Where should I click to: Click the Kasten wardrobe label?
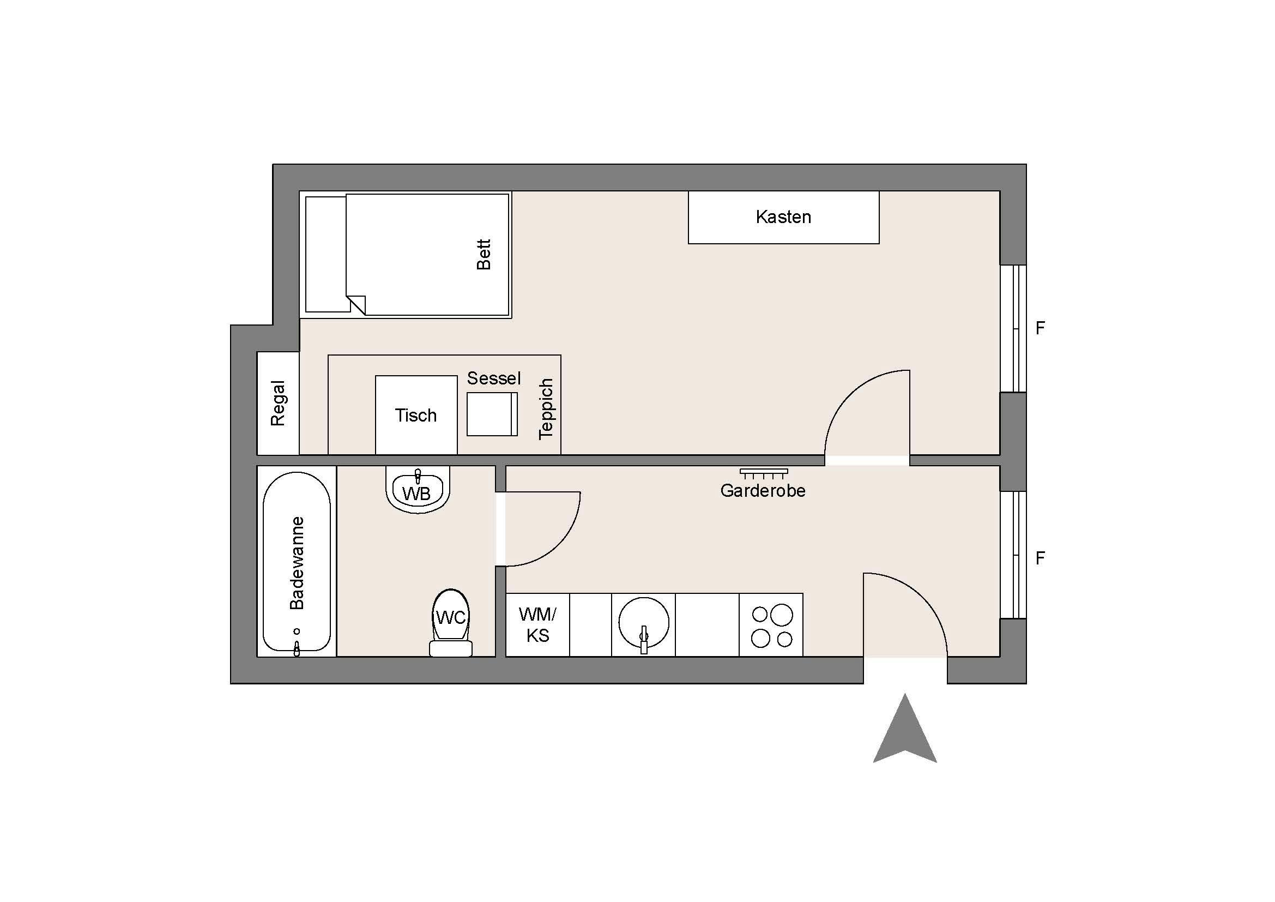[783, 217]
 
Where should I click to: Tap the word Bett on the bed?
[484, 254]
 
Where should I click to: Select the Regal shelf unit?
[277, 403]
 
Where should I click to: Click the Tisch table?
[416, 416]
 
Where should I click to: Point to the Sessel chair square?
[492, 414]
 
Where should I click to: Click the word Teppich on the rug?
[546, 409]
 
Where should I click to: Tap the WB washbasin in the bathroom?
[418, 489]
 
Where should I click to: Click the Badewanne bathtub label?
[297, 563]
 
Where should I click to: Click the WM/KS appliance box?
[537, 625]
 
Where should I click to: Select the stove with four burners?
[771, 625]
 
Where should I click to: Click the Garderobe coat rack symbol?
[764, 474]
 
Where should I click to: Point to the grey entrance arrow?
[905, 729]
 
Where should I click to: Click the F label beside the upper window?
[1040, 328]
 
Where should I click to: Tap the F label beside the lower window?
[1040, 558]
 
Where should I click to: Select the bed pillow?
[327, 254]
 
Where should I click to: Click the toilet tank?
[451, 649]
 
